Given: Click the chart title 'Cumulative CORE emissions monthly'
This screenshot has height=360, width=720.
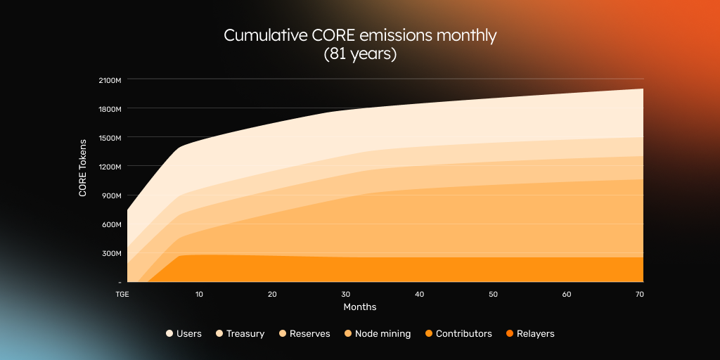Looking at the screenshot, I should click(x=360, y=35).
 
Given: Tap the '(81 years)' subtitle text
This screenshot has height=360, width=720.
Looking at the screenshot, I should click(x=360, y=54).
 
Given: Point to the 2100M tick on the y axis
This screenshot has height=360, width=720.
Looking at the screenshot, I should click(x=110, y=80).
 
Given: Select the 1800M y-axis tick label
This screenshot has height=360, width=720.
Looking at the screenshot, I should click(x=110, y=109).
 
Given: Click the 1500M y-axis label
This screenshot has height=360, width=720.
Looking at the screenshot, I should click(x=110, y=138).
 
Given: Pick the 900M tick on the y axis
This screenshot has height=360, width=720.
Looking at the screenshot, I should click(x=112, y=195).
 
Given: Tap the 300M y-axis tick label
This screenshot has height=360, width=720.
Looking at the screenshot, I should click(x=112, y=253).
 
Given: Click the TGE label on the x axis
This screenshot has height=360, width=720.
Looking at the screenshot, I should click(x=121, y=294).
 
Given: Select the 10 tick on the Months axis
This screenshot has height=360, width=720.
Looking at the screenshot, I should click(x=199, y=294).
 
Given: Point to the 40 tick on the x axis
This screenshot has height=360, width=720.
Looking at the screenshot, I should click(x=419, y=294).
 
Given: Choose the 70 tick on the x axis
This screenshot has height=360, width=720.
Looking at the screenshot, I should click(x=639, y=294).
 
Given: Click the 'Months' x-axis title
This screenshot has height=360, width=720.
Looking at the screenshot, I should click(x=360, y=307).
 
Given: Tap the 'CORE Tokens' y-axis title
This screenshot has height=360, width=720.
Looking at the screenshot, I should click(x=83, y=167).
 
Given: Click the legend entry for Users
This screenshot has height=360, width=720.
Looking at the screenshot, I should click(x=184, y=334).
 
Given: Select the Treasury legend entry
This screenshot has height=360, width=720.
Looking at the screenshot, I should click(x=240, y=334).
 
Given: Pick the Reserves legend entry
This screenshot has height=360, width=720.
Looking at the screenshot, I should click(x=304, y=334).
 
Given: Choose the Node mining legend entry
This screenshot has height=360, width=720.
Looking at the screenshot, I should click(x=378, y=334).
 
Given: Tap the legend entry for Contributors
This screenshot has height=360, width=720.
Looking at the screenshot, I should click(x=458, y=334).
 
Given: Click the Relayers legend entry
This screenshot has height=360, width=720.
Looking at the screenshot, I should click(x=530, y=334).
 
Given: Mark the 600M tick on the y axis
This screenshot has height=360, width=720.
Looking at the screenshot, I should click(x=112, y=224).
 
